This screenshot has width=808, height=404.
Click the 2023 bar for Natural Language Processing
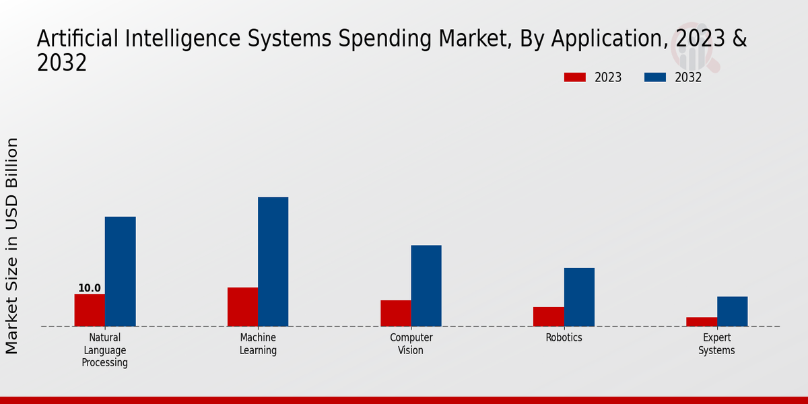[90, 310]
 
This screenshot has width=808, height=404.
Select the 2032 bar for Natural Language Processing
[120, 271]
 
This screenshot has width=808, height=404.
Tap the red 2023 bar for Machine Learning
[242, 306]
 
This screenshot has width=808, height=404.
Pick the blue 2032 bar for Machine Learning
[273, 261]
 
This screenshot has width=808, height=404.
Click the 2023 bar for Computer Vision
[395, 313]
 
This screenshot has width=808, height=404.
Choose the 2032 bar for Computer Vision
[426, 285]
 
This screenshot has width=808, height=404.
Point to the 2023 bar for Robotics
[548, 316]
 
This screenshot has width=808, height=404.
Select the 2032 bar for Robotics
[579, 297]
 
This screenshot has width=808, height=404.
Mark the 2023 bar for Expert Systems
[701, 321]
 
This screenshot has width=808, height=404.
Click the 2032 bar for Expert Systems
[732, 311]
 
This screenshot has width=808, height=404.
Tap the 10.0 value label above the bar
[90, 288]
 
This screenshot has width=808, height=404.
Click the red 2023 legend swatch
[574, 77]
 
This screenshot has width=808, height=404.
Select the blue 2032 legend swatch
[654, 77]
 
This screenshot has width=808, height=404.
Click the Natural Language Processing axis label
[105, 350]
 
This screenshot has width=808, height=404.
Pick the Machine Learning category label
[258, 344]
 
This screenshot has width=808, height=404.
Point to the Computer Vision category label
[411, 344]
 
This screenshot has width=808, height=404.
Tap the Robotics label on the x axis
[564, 338]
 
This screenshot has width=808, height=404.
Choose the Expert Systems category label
[716, 344]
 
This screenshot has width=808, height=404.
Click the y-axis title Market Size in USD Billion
[12, 246]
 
